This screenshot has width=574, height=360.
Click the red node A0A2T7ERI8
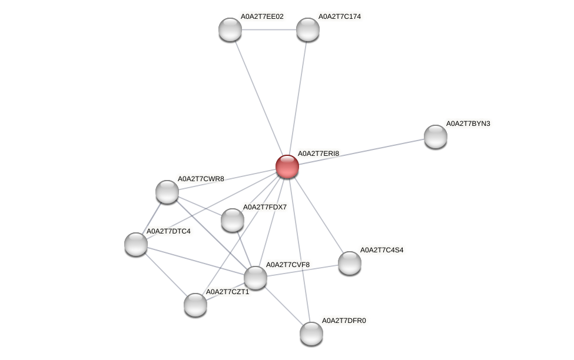[287, 166]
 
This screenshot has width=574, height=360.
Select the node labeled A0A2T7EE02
[230, 29]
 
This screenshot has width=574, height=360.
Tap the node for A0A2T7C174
[307, 29]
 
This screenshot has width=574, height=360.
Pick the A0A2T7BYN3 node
[436, 136]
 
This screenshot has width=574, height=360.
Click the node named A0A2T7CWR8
[167, 192]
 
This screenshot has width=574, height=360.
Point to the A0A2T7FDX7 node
[233, 220]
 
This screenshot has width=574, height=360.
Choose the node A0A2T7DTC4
[136, 244]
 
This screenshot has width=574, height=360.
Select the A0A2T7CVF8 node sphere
[256, 278]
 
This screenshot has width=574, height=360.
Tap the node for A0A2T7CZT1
[195, 305]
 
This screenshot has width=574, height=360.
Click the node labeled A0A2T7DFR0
[311, 334]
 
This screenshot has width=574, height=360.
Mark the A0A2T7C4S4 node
[350, 263]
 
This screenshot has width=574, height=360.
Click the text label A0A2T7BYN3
[468, 124]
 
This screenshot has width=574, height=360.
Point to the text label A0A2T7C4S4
[382, 250]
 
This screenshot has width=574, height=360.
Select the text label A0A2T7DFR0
[344, 321]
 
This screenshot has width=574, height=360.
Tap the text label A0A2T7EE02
[262, 16]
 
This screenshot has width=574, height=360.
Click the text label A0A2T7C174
[340, 16]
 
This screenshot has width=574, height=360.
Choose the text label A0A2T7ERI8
[318, 154]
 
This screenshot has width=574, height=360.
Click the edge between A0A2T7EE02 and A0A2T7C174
[268, 29]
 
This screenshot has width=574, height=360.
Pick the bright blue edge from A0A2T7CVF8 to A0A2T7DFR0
[283, 305]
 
